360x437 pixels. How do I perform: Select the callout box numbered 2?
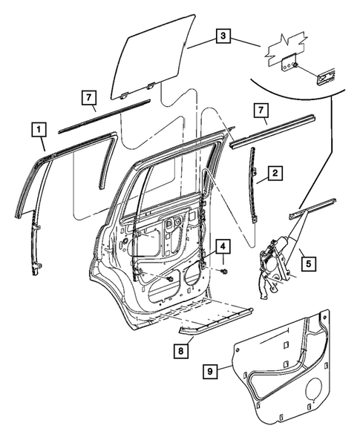tap(275, 174)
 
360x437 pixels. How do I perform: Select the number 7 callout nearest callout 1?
tap(88, 97)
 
